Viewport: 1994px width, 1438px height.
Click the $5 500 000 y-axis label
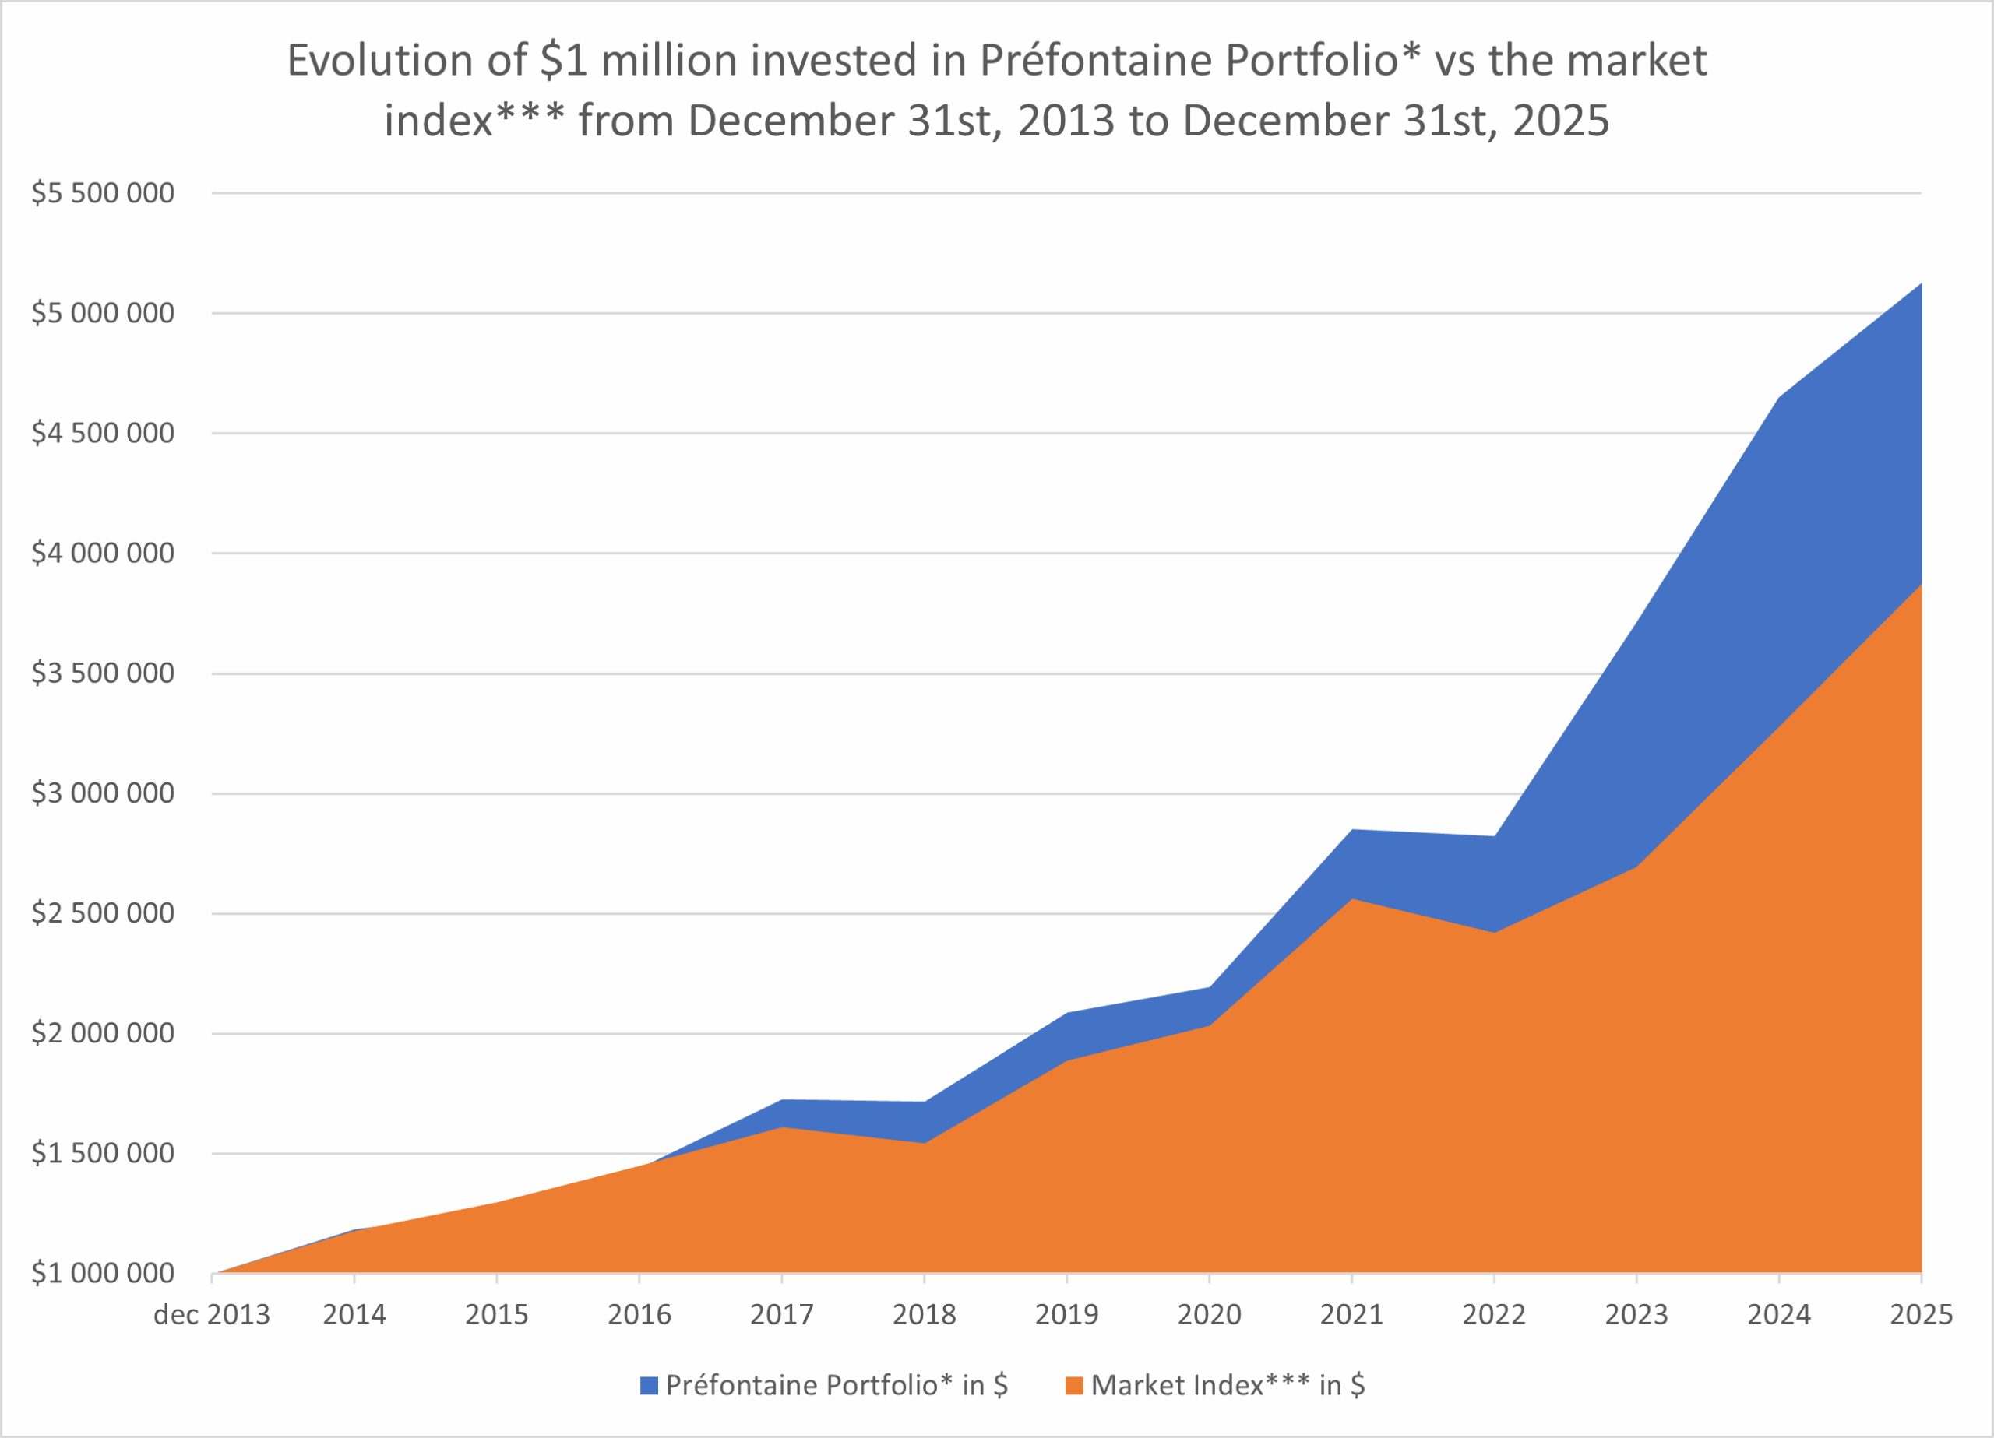(103, 192)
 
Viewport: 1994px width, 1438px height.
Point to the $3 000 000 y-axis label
(103, 793)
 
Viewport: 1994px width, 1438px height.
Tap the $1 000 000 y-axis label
(103, 1273)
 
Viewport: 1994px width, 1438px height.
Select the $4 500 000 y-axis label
(103, 432)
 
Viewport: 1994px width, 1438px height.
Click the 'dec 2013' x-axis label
(212, 1315)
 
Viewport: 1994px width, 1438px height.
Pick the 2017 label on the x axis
(781, 1315)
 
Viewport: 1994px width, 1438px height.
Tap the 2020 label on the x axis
(1209, 1315)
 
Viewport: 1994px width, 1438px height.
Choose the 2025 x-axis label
(1921, 1315)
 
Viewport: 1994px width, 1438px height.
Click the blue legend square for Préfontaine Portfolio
(649, 1386)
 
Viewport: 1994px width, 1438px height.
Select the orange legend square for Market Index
(1073, 1386)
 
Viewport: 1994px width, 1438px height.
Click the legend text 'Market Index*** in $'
(1228, 1385)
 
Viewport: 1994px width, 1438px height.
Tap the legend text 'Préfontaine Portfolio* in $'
(836, 1385)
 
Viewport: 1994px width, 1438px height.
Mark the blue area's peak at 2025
(1920, 285)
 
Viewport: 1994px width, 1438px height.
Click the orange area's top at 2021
(1351, 900)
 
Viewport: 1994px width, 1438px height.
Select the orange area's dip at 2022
(1494, 933)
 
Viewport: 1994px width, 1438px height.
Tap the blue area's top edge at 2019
(1066, 1014)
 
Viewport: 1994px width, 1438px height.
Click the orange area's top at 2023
(1636, 867)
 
